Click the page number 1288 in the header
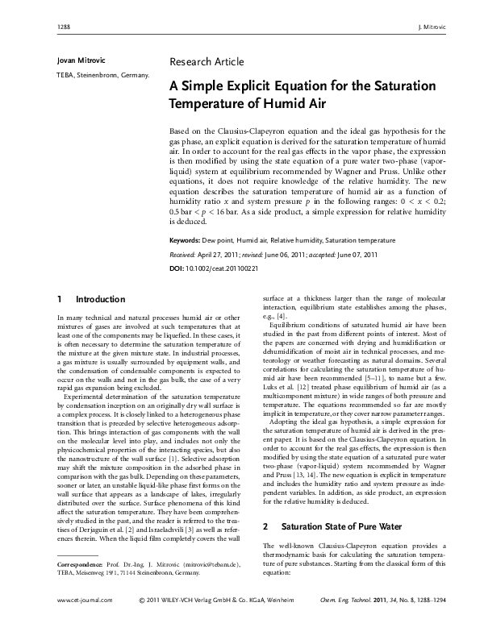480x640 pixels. tap(65, 27)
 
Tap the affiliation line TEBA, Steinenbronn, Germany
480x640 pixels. tap(102, 76)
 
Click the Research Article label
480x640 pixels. tap(207, 62)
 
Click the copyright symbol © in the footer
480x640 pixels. tap(142, 623)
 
